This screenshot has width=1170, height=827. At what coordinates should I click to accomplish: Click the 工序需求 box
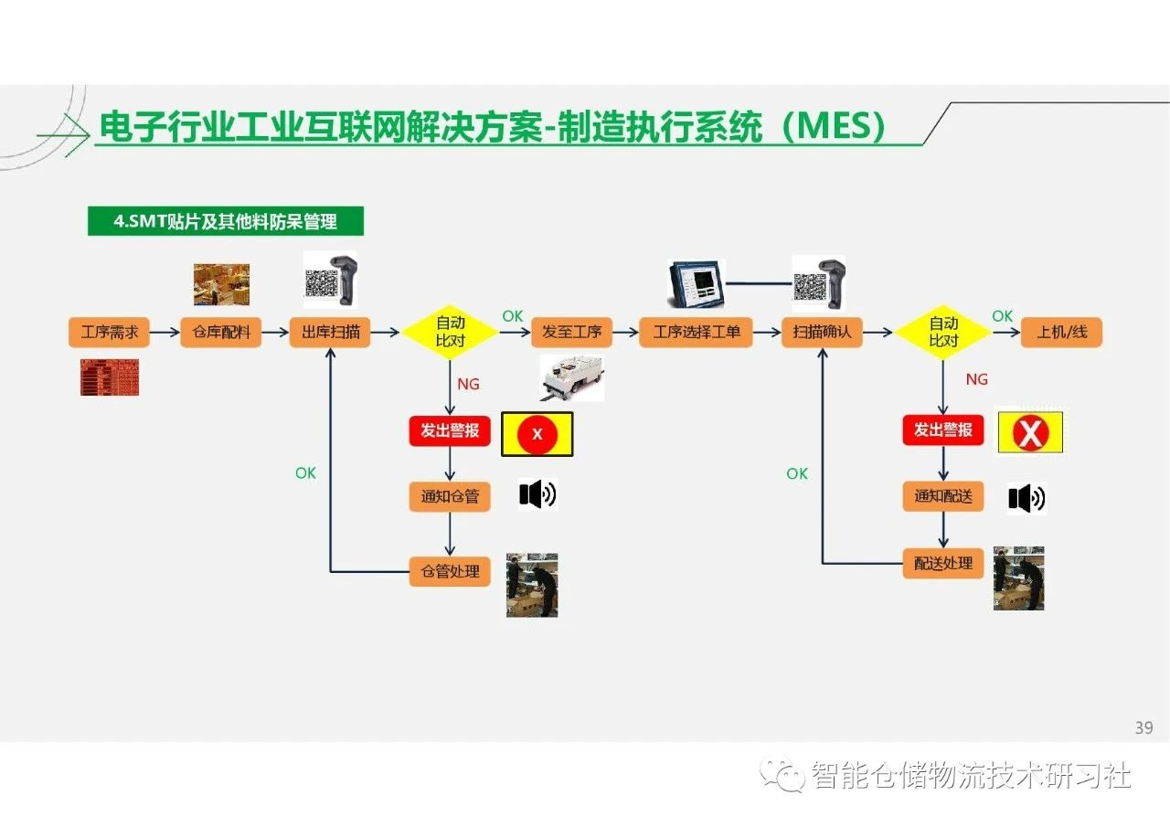[x=109, y=332]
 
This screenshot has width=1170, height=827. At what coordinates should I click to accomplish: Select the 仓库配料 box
[x=221, y=332]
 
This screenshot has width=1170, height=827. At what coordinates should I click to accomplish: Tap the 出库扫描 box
[x=330, y=332]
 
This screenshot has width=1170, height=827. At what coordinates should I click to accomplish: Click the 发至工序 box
[x=572, y=332]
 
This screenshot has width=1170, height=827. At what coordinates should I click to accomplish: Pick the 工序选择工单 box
[x=697, y=332]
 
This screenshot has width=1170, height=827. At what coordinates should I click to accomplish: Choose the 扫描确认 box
[x=822, y=332]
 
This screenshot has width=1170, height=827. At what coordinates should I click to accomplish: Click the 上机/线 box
[x=1062, y=332]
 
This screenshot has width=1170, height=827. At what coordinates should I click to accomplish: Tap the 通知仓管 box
[x=450, y=496]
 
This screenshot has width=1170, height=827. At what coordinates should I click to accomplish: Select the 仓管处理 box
[x=450, y=572]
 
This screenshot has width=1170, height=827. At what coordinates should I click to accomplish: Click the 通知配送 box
[x=943, y=496]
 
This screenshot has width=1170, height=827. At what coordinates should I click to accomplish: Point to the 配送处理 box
[x=943, y=563]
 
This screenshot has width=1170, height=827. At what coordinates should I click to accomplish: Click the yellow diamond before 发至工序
[x=450, y=332]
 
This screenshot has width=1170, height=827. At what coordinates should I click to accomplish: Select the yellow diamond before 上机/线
[x=943, y=332]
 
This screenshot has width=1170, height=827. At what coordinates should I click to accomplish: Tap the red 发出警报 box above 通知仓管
[x=450, y=430]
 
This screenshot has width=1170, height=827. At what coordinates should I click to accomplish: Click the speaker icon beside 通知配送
[x=1026, y=499]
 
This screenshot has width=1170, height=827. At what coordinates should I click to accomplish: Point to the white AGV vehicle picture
[x=572, y=378]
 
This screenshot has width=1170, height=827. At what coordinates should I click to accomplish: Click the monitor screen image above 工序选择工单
[x=697, y=284]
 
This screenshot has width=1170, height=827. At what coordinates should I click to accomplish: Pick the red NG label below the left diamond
[x=469, y=385]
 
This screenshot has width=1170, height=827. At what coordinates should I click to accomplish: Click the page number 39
[x=1143, y=727]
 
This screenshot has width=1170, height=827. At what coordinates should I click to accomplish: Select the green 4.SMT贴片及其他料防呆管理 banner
[x=226, y=221]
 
